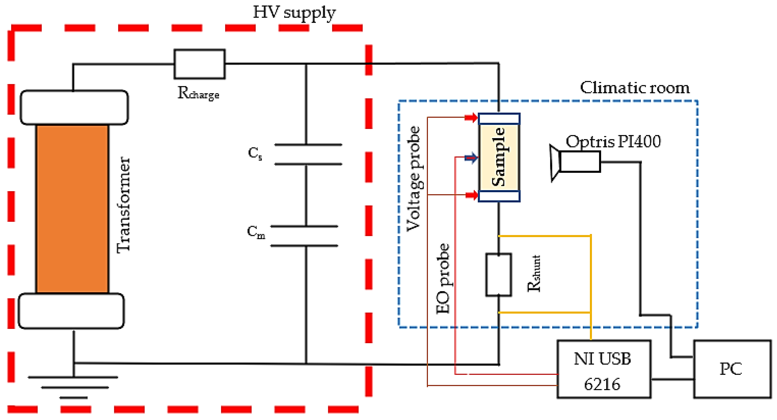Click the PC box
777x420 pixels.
(x=732, y=369)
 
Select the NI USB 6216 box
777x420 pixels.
(x=603, y=369)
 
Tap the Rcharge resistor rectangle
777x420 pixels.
(x=199, y=64)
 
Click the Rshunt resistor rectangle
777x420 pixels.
(x=499, y=274)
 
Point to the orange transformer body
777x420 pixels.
(x=72, y=209)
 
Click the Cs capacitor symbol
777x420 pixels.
(x=308, y=154)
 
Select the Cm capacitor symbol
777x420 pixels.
(x=304, y=236)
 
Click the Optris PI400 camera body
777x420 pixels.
(x=580, y=161)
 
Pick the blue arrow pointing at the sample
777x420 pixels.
(x=471, y=158)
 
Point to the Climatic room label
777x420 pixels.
(x=635, y=88)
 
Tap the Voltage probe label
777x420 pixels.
(x=414, y=179)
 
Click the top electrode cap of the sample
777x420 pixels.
(x=499, y=119)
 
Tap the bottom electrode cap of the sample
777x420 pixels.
(x=499, y=196)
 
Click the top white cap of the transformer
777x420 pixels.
(x=74, y=107)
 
